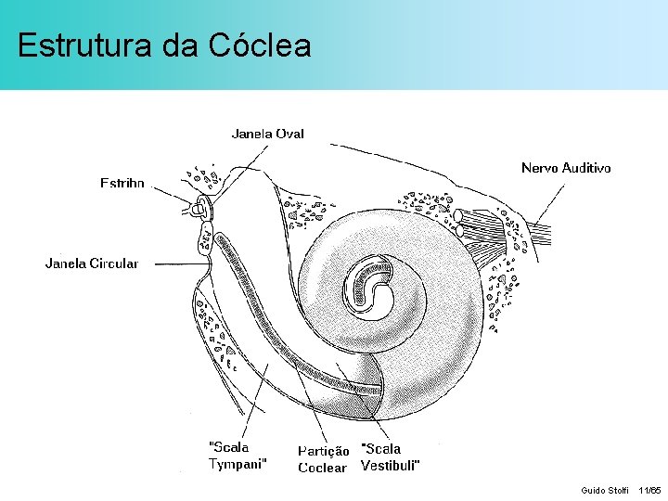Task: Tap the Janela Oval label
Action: tap(267, 134)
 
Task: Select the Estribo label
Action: tap(122, 183)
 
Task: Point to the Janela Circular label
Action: tap(92, 263)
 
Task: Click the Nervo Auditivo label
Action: tap(566, 168)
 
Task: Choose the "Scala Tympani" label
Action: tap(238, 456)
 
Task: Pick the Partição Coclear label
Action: tap(323, 459)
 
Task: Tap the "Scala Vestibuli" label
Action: tap(390, 456)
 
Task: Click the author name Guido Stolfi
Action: tap(604, 490)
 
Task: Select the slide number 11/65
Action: tap(649, 490)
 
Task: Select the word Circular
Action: tap(114, 263)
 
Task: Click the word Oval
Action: tap(289, 134)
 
